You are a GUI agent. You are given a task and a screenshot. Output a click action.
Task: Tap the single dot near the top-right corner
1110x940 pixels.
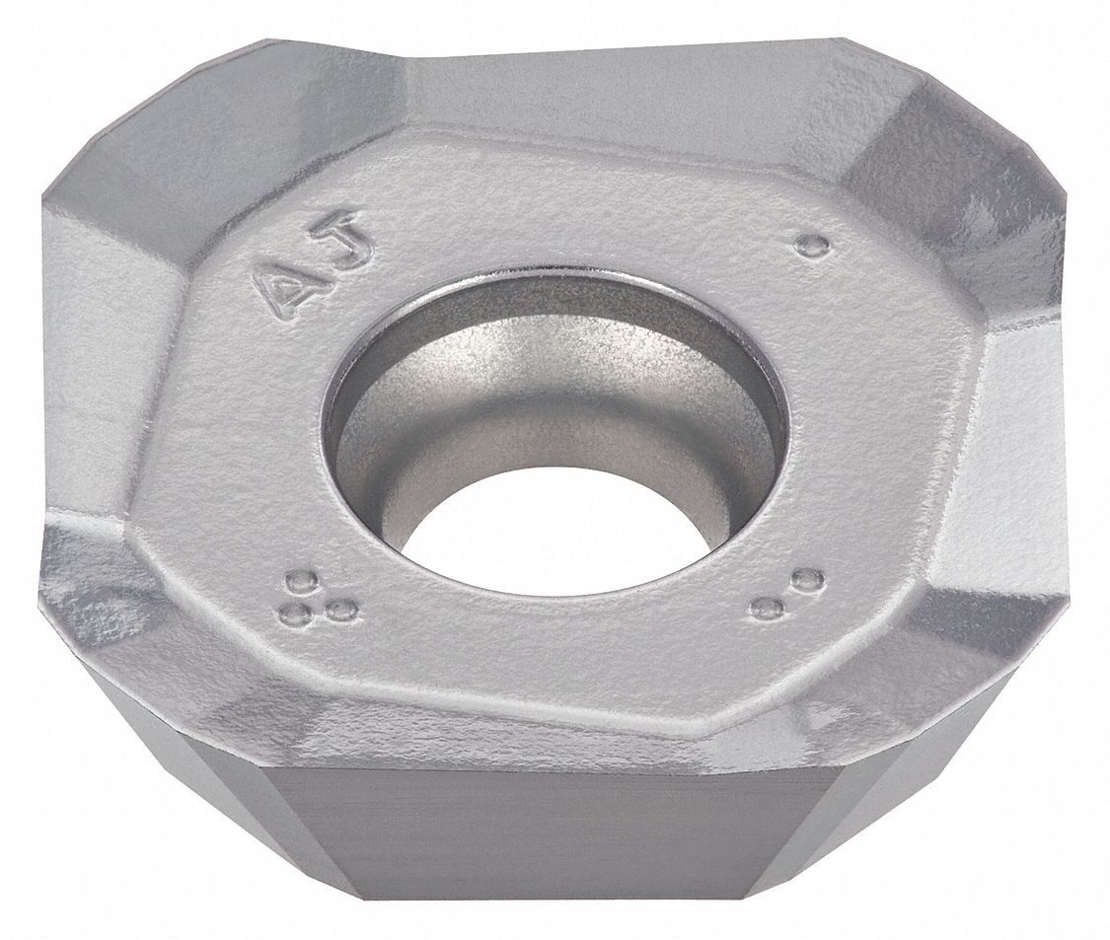click(811, 246)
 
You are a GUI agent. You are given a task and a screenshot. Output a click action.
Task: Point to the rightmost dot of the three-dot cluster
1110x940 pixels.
click(341, 610)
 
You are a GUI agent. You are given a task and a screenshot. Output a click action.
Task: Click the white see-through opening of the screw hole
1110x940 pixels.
click(553, 533)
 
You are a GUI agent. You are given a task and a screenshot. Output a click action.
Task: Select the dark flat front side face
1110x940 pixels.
click(553, 838)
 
